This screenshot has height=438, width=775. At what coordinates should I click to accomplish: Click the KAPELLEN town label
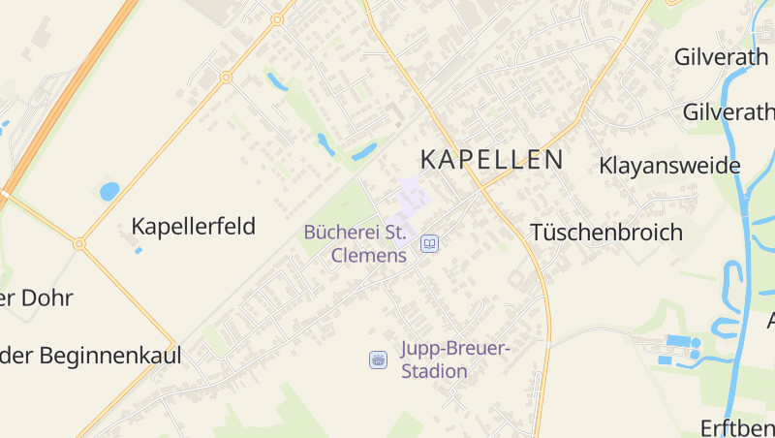(492, 160)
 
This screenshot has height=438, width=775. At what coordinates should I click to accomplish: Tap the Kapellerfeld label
(193, 227)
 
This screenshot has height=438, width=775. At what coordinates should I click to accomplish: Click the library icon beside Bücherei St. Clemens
(428, 243)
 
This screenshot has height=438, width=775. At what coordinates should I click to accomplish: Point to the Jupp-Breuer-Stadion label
(454, 360)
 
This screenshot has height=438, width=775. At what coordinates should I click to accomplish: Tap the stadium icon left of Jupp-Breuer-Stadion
(378, 360)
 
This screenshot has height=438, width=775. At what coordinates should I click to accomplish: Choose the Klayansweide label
(669, 166)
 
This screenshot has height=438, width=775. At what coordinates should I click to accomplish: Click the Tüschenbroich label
(606, 233)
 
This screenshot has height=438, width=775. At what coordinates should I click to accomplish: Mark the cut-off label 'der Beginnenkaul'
(91, 355)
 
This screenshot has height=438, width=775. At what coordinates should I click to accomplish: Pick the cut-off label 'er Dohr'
(37, 297)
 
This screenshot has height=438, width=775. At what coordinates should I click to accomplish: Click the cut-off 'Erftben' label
(736, 427)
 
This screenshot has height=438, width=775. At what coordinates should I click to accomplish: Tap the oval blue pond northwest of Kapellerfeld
(109, 191)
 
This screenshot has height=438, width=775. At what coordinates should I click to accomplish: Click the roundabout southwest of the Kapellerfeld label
(79, 244)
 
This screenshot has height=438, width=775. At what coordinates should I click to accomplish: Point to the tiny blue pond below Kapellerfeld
(139, 250)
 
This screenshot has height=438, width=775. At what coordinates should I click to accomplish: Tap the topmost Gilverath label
(721, 57)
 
